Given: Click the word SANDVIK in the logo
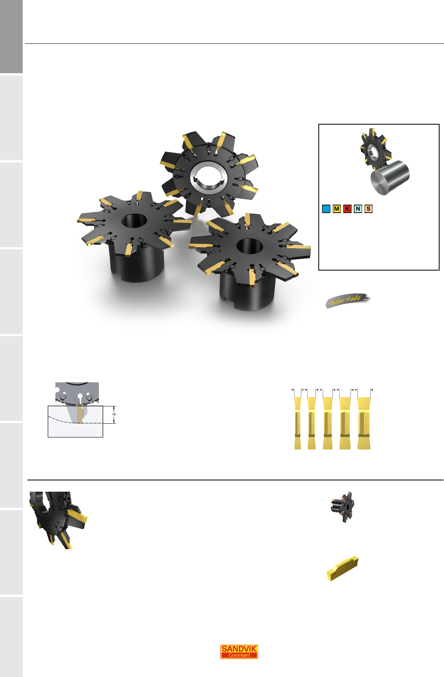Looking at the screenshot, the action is (x=239, y=648).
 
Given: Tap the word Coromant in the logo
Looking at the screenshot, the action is (x=239, y=655).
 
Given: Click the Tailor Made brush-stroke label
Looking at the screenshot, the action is (x=348, y=300).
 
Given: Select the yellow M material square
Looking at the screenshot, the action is (x=336, y=209).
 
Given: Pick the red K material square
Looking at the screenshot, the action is (x=347, y=209).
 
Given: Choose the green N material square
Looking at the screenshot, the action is (x=358, y=209).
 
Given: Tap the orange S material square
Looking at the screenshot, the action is (x=368, y=209).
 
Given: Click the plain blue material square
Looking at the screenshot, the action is (x=326, y=209).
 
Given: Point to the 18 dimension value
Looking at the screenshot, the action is (x=114, y=414).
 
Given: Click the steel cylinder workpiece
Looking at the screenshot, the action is (x=390, y=177).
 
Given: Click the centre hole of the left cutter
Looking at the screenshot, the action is (x=134, y=221).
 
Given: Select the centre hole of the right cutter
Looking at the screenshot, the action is (x=249, y=246).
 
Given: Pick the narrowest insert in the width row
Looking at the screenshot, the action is (x=297, y=423).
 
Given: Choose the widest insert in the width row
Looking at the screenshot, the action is (x=364, y=423).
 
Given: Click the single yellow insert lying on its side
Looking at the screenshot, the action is (x=342, y=568).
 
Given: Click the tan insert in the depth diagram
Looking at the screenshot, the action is (x=80, y=413).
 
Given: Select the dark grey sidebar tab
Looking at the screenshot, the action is (x=11, y=37).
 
